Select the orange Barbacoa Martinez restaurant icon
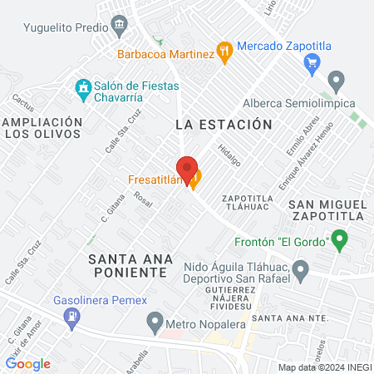click(x=223, y=51)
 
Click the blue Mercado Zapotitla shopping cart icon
click(x=312, y=62)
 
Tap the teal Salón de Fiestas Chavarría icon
click(x=82, y=86)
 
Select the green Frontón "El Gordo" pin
click(x=339, y=241)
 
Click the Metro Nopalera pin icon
click(x=155, y=321)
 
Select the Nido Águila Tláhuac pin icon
click(x=302, y=269)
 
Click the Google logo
click(x=27, y=363)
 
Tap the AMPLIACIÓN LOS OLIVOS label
click(x=43, y=130)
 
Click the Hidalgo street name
click(x=228, y=156)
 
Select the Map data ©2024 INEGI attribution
click(x=325, y=367)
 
